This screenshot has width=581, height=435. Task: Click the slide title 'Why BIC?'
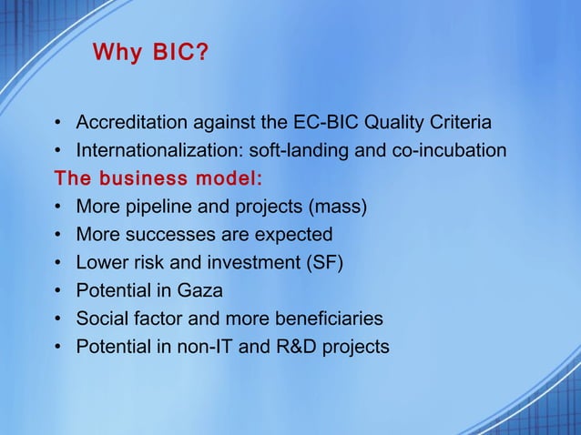[149, 54]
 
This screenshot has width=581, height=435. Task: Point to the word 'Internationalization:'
[153, 150]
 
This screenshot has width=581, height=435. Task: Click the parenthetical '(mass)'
[339, 207]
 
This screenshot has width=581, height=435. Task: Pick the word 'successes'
[167, 235]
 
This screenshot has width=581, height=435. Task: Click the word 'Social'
[101, 319]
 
